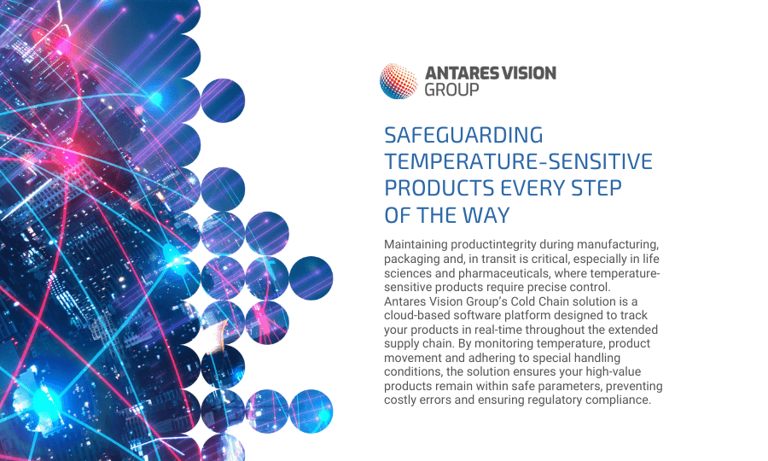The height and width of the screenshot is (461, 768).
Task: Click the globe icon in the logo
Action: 399,81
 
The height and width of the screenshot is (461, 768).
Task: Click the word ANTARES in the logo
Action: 457,73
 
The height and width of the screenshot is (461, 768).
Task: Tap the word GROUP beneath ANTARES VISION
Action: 451,90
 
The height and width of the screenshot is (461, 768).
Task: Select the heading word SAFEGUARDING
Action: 463,135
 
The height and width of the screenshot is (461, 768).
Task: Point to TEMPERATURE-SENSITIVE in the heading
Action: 518,161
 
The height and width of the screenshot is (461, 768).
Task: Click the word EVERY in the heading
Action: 532,188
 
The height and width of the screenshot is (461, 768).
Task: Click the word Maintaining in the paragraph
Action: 416,244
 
